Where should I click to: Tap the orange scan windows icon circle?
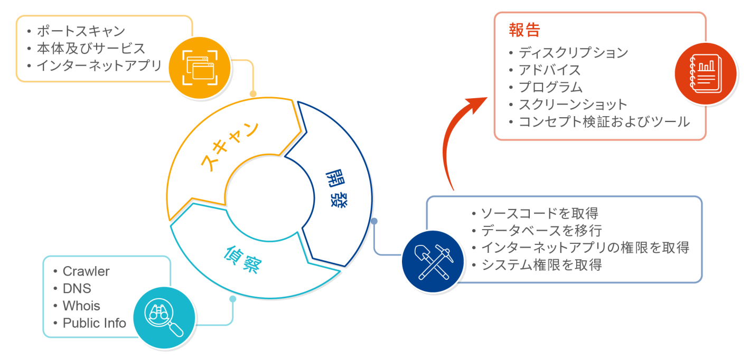(x=200, y=68)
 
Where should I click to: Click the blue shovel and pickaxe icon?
(x=432, y=261)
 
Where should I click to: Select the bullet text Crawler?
(x=86, y=271)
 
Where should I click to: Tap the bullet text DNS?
(x=77, y=289)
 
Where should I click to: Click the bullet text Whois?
(x=81, y=306)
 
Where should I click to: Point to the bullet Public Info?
(x=95, y=323)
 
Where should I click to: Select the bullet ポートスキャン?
(x=81, y=31)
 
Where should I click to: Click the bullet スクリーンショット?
(x=573, y=105)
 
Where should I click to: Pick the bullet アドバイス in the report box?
(x=549, y=70)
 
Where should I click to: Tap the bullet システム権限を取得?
(x=541, y=264)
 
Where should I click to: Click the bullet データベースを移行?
(x=541, y=231)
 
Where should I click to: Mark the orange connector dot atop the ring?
(x=253, y=94)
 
